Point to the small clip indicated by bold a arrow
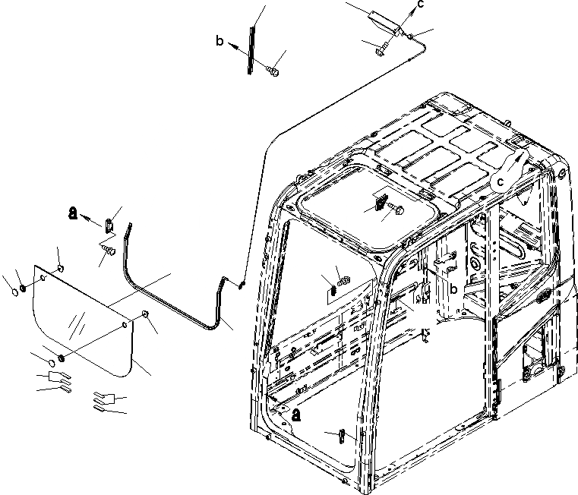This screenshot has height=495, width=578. point(109,224)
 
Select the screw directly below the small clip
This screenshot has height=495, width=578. point(106,247)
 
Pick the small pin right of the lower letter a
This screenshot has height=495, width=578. point(342,437)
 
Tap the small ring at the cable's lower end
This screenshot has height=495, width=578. point(242,285)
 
